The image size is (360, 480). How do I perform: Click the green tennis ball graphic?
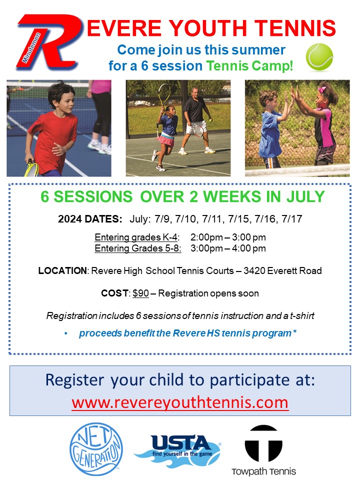coord(319,57)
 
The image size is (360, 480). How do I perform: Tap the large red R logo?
coord(49,42)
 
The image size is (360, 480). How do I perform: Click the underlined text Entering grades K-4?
coord(136,237)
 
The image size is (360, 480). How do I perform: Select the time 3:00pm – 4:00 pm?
coord(228,248)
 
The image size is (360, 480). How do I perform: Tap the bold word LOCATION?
coord(62,270)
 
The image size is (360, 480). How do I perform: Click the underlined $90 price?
coord(140,293)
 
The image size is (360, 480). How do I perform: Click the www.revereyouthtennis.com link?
coord(180,402)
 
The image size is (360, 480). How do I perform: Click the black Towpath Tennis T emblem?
coord(263,443)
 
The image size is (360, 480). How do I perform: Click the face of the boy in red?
coord(64,100)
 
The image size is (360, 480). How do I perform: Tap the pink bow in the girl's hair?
coord(322,90)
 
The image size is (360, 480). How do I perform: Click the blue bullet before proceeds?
coord(66,334)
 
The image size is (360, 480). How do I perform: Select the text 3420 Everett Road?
coord(282,270)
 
